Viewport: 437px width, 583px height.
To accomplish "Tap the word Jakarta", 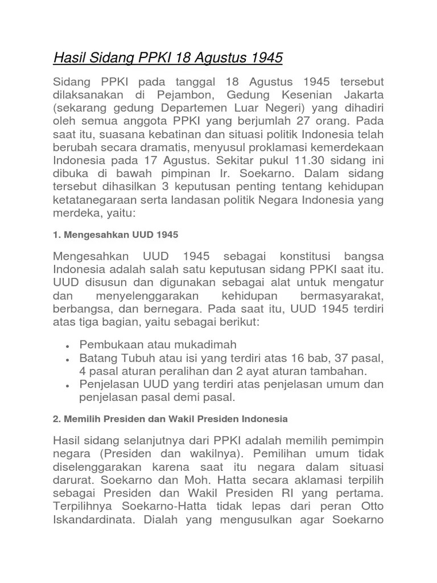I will pos(363,94).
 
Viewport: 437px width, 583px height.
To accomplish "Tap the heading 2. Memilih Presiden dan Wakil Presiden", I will pos(170,418).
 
